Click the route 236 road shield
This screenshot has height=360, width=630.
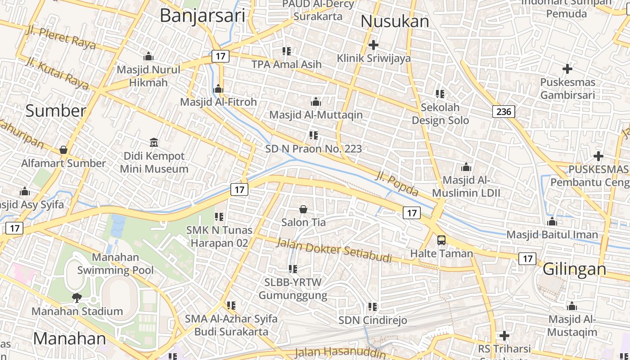coord(504,112)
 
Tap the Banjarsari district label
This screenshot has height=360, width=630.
coord(202,16)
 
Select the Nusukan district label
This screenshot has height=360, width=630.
coord(395,21)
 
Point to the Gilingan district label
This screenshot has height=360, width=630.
coord(574,269)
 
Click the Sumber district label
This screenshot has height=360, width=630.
coord(55,111)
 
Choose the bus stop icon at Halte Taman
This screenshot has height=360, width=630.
coord(441,240)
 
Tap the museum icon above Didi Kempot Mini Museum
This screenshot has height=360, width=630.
coord(154,143)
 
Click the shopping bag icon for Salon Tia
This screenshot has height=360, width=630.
coord(303,209)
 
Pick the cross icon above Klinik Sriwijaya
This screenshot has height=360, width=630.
coord(373,45)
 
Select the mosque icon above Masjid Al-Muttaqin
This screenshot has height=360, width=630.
coord(316,102)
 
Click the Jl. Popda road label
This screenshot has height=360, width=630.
coord(397,183)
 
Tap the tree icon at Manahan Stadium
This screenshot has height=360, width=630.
coord(77,297)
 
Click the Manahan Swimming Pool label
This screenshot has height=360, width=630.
coord(116,264)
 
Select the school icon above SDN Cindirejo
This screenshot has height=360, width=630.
coord(373,307)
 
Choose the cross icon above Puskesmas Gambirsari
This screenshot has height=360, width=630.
coord(567,69)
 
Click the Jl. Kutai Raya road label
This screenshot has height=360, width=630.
coord(57,73)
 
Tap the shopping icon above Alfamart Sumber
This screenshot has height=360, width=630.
coord(63,150)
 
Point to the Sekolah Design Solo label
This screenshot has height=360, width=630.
coord(440,114)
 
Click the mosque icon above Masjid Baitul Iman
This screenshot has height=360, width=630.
coord(552,221)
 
